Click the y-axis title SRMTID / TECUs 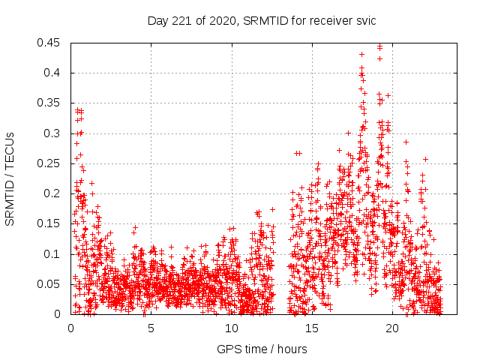pyautogui.click(x=10, y=178)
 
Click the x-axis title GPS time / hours pyautogui.click(x=262, y=349)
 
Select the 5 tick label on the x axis pyautogui.click(x=151, y=328)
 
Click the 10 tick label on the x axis pyautogui.click(x=231, y=328)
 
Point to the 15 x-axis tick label pyautogui.click(x=311, y=328)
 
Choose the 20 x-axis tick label pyautogui.click(x=391, y=328)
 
